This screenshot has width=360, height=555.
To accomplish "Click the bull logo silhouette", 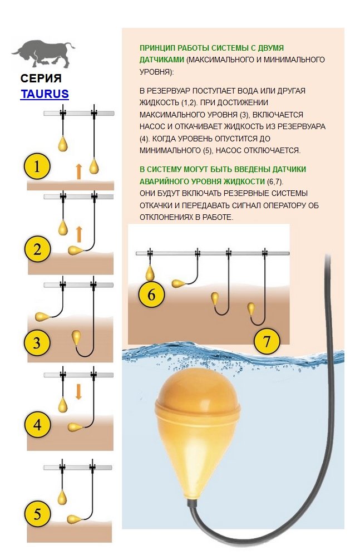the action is (x=43, y=54).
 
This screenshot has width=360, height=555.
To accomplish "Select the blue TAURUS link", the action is (x=45, y=94).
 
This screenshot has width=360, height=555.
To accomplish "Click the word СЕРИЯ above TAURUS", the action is (x=41, y=78).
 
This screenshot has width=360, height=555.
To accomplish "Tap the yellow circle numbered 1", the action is (x=37, y=166).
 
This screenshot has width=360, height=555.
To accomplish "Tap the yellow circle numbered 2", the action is (x=37, y=249).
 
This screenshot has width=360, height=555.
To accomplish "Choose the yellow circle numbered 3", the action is (x=37, y=342).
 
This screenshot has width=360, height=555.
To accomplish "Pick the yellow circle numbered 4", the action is (x=37, y=424).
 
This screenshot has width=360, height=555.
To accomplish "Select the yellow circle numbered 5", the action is (x=37, y=514).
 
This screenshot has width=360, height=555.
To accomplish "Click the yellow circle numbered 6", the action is (x=151, y=294).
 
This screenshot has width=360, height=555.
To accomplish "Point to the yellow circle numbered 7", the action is (x=267, y=341).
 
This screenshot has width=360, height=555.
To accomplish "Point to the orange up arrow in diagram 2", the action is (x=79, y=234).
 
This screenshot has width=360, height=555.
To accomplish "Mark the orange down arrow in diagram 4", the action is (x=78, y=392).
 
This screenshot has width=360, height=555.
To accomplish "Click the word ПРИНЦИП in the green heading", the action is (x=157, y=48).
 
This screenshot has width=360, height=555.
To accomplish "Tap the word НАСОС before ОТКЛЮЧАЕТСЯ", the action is (x=227, y=150).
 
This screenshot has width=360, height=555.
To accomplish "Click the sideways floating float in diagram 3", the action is (x=43, y=316).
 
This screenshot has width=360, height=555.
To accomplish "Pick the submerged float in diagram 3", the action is (x=77, y=337).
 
